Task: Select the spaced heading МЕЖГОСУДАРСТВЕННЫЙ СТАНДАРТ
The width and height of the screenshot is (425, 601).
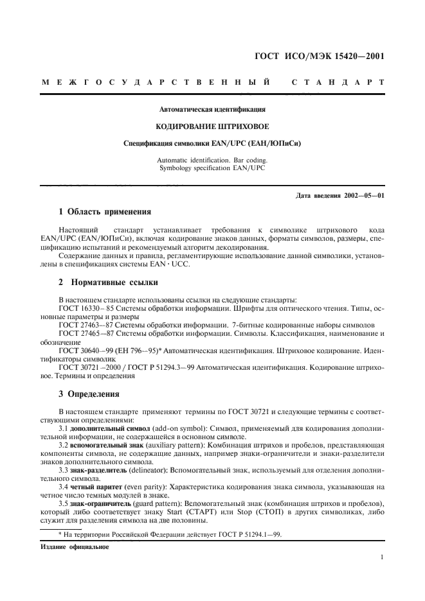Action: point(213,83)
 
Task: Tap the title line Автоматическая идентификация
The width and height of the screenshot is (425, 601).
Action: point(212,110)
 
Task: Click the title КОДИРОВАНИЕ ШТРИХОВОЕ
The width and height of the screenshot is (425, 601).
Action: point(212,126)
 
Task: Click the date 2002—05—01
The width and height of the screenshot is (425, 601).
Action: point(364,195)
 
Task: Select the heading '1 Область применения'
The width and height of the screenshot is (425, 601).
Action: point(105,211)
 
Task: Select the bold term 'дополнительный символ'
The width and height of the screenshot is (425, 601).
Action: point(109,427)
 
